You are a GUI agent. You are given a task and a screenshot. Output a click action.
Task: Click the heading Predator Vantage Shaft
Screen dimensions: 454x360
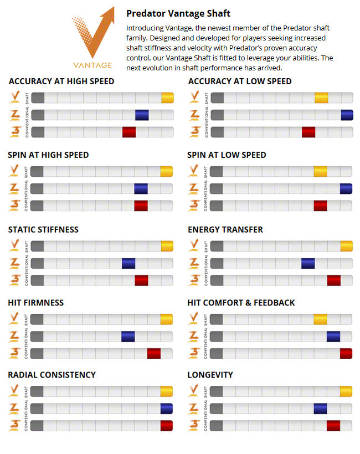tap(178, 13)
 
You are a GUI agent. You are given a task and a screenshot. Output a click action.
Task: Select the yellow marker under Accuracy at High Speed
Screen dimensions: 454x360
tap(168, 98)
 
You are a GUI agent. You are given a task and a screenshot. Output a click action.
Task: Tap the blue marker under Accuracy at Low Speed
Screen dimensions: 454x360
tap(347, 115)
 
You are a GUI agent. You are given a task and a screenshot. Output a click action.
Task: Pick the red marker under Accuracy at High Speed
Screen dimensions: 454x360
tap(129, 132)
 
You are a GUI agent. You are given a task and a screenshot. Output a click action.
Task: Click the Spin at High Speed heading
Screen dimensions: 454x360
tap(48, 155)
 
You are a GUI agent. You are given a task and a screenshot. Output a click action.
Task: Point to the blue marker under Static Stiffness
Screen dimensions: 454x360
tap(128, 263)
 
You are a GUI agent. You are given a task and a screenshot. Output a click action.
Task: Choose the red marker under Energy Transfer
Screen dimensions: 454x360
tap(334, 280)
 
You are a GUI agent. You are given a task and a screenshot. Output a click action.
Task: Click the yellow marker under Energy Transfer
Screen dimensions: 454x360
tap(347, 246)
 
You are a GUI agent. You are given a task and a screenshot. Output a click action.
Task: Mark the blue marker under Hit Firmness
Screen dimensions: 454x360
tap(128, 336)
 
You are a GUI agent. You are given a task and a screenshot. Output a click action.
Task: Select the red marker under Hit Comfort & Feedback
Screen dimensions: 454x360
tap(347, 354)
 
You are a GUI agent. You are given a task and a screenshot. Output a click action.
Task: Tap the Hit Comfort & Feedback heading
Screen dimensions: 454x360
tap(241, 303)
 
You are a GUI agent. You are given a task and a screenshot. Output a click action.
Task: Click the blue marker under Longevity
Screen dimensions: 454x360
tap(320, 409)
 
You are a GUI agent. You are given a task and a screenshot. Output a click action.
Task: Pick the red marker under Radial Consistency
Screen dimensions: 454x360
tap(167, 426)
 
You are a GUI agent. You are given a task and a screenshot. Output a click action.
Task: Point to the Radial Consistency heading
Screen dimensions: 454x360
tap(52, 375)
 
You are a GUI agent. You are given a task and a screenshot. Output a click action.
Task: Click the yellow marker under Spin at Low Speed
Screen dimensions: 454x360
tap(320, 171)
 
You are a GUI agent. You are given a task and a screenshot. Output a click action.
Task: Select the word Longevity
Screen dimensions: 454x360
tap(210, 375)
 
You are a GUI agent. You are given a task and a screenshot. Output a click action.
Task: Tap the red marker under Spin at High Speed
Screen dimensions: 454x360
tap(141, 206)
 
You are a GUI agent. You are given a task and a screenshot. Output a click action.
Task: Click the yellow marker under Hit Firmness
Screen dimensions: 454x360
tap(167, 319)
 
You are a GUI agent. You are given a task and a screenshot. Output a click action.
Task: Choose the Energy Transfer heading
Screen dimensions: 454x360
tap(225, 229)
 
